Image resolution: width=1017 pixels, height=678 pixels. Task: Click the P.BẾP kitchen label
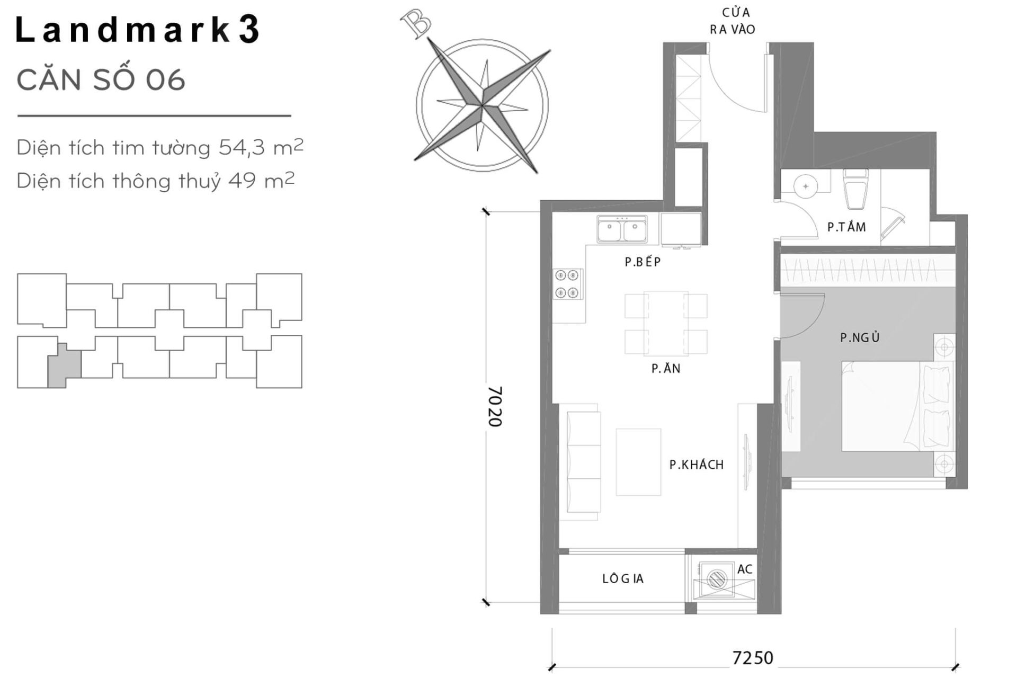point(643,262)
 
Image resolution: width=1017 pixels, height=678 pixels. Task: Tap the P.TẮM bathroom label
point(846,227)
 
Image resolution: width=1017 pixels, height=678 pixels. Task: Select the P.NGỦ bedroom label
point(860,337)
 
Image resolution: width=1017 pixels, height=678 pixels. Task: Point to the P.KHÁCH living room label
point(696,465)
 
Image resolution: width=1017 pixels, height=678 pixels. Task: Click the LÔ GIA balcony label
point(623,579)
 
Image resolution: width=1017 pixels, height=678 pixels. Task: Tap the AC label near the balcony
point(745,569)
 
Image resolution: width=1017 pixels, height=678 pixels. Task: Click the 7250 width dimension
point(753,658)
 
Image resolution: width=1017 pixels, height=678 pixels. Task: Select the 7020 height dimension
point(495,406)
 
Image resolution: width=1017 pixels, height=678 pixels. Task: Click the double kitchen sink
point(622,230)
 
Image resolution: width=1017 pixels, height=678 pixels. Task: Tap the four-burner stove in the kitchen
point(567,284)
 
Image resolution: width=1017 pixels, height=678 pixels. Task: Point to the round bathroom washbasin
point(806,186)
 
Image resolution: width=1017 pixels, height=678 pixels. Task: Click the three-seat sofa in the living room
point(583,461)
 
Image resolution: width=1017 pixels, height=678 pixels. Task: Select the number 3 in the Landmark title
point(249,30)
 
